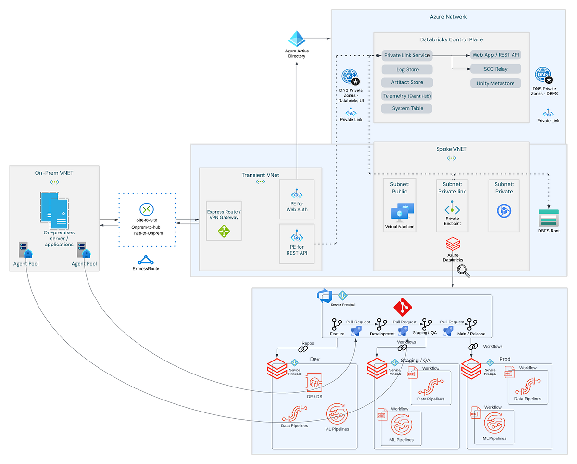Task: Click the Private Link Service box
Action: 407,55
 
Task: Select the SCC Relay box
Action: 495,69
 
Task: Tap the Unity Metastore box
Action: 495,83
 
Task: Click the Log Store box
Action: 407,69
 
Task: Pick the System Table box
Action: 407,108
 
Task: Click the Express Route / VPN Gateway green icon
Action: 224,231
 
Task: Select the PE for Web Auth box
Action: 297,199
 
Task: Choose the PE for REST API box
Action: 297,243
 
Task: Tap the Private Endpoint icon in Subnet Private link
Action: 452,210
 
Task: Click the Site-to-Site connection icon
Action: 146,210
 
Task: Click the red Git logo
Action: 401,307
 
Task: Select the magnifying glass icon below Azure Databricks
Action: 464,272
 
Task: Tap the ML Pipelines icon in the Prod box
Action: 494,425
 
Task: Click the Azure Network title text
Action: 448,17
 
